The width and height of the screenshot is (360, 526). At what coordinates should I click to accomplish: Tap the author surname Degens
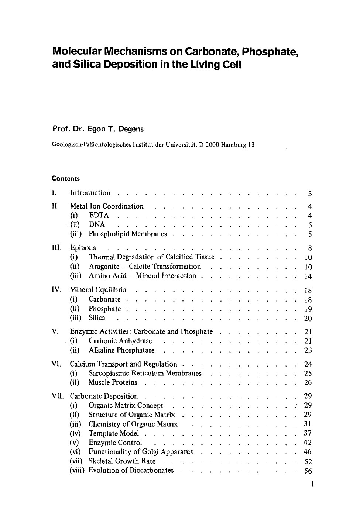tap(130, 129)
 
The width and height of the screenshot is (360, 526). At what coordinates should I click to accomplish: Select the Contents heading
tap(66, 179)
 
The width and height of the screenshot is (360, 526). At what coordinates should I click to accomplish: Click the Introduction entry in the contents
tap(90, 193)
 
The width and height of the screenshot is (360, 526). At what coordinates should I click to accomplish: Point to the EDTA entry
tap(99, 216)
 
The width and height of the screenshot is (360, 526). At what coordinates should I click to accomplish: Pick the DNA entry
tap(97, 224)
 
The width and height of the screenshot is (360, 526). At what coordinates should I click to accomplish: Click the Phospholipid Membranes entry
tap(128, 234)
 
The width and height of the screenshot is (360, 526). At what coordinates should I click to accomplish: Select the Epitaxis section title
tap(83, 248)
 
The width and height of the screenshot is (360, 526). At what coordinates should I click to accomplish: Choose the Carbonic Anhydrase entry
tap(120, 341)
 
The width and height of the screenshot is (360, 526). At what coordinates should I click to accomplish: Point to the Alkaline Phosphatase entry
tap(121, 350)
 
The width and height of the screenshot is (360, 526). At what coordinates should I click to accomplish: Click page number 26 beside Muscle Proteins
tap(308, 382)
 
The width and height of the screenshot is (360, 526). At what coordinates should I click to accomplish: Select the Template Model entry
tap(114, 433)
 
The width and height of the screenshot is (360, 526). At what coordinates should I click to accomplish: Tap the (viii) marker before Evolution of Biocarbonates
tap(77, 470)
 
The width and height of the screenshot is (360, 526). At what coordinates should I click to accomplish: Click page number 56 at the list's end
tap(308, 471)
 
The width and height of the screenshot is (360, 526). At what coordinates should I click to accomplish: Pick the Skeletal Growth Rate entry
tap(122, 461)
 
